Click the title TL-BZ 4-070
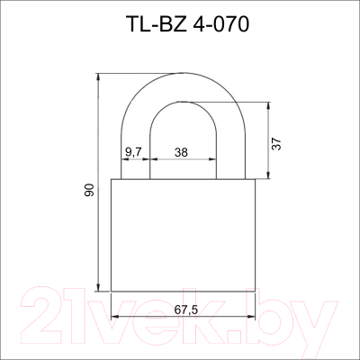point(188,24)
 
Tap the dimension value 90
point(89,190)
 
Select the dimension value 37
point(276,144)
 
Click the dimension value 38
point(181,153)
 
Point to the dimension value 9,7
point(133,153)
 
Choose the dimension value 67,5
point(185,310)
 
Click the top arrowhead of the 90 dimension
point(98,76)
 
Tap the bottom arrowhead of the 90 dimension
point(98,287)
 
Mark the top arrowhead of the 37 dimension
point(268,105)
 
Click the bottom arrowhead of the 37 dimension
point(268,175)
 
